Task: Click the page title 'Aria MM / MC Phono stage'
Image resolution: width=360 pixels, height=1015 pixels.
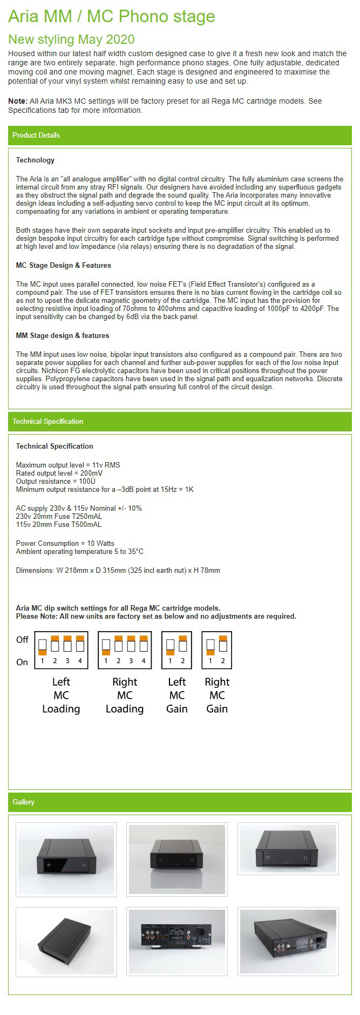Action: point(111,17)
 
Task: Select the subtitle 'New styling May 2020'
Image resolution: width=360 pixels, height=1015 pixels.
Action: point(71,39)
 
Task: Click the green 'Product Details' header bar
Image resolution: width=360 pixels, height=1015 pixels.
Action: point(180,135)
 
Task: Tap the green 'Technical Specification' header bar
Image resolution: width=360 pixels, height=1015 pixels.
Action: point(180,421)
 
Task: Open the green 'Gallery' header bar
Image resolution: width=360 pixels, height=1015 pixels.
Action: point(180,802)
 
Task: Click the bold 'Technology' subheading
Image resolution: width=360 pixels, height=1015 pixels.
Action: point(35,160)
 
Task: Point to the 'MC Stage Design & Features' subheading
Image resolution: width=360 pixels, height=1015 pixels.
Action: point(63,265)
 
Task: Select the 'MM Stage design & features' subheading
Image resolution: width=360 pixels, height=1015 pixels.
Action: point(62,335)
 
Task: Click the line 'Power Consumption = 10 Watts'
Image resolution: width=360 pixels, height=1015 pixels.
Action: point(65,543)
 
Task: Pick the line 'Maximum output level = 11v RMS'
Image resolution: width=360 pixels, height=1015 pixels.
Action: point(68,465)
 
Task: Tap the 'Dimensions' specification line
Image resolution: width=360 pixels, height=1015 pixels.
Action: point(118,570)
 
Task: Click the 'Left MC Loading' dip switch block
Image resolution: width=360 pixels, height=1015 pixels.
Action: point(61,650)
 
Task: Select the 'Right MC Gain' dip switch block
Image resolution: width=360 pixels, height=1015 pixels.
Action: point(216,650)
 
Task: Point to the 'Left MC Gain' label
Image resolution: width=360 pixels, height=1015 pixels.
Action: point(176,695)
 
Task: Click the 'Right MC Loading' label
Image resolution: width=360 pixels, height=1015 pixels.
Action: point(125,695)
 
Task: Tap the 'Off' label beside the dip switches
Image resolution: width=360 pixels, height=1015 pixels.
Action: point(22,640)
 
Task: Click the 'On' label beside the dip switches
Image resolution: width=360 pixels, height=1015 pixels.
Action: point(22,662)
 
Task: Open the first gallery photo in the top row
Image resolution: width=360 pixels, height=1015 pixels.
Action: point(66,859)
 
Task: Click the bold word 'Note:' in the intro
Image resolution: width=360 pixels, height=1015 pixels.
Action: point(17,101)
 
